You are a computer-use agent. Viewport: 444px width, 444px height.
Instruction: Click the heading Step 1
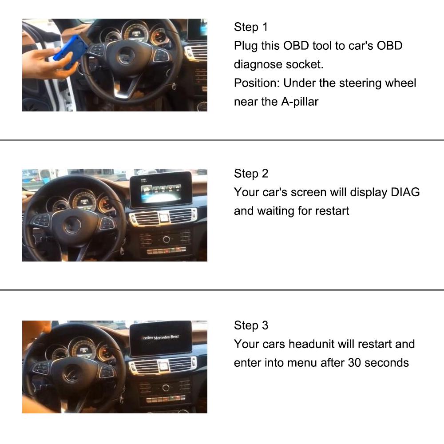pos(251,27)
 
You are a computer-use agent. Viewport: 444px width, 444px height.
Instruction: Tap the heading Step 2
pos(251,174)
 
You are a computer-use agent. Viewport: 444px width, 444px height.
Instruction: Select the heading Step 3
pos(251,325)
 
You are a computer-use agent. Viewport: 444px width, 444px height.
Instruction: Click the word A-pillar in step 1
pos(300,102)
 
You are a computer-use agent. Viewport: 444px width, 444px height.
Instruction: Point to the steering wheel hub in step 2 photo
pos(72,226)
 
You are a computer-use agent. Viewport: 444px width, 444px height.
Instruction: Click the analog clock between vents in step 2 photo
pos(164,217)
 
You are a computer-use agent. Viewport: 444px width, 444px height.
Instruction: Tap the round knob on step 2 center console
pos(166,239)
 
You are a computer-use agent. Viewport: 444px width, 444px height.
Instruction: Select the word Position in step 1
pos(256,83)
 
